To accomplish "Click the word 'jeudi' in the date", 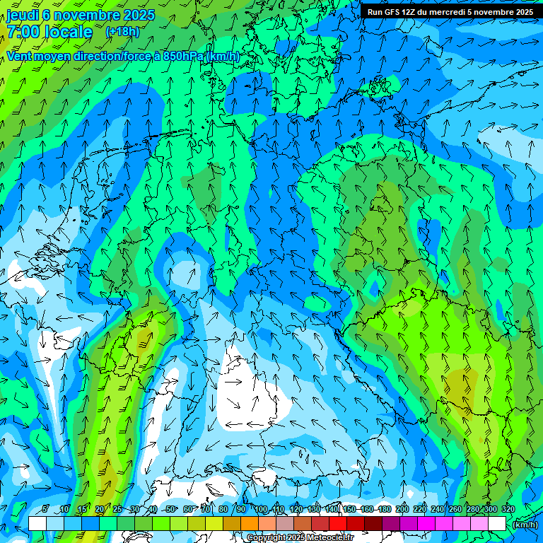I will [23, 15].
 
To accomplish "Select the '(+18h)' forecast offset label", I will [122, 32].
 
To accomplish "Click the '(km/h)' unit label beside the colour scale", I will [524, 524].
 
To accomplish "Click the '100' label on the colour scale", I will [260, 509].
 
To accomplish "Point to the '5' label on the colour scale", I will [46, 509].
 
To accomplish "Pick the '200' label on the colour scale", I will [402, 509].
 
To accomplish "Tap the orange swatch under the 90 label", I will [249, 523].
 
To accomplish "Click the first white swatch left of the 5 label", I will [37, 523].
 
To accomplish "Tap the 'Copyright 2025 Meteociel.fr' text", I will [300, 537].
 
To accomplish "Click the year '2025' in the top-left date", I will [139, 15].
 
